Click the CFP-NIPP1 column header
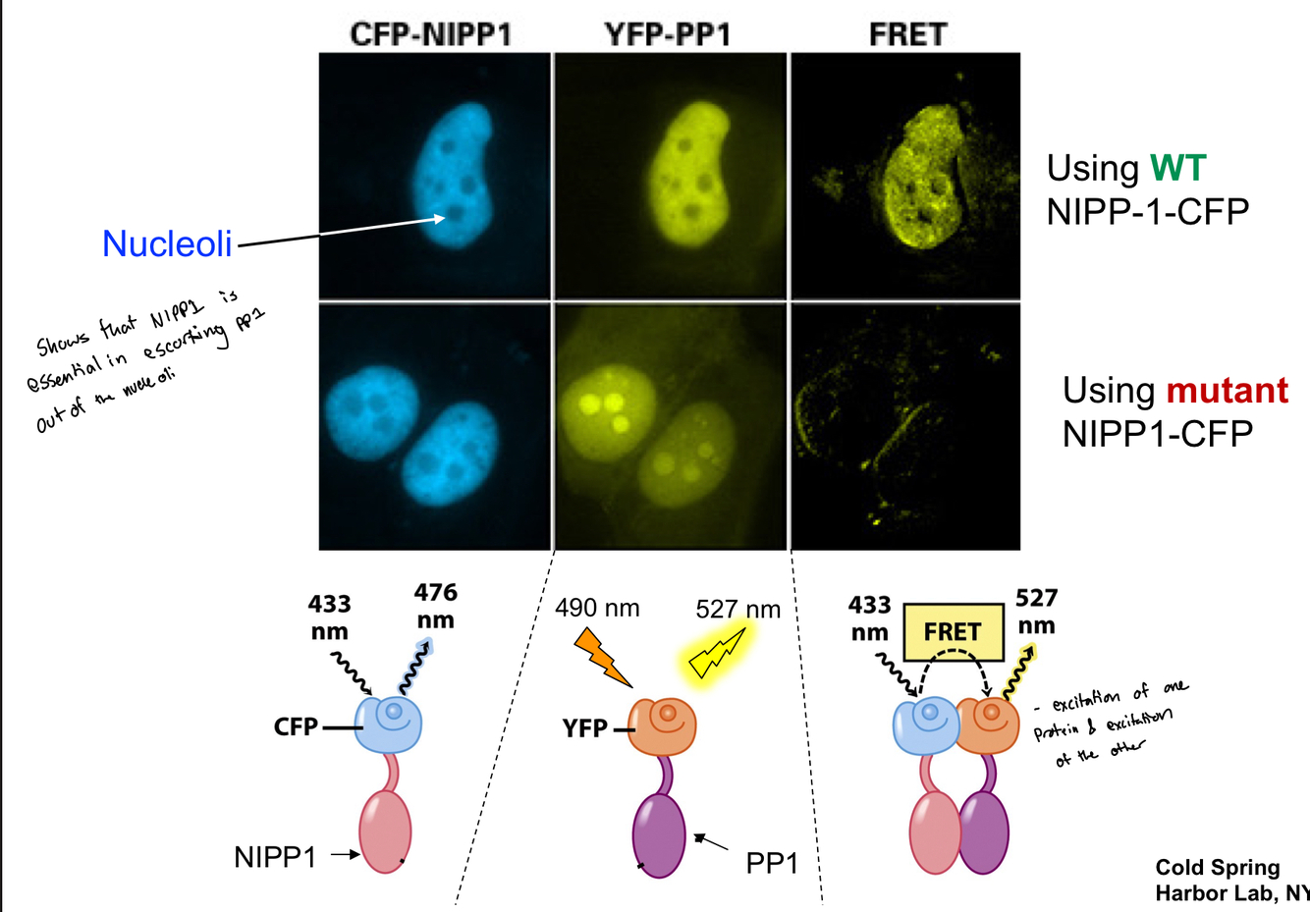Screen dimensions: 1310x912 coord(431,34)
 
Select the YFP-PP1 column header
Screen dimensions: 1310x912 coord(667,34)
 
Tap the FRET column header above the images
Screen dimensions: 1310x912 coord(907,34)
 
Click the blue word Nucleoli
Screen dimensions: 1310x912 coord(167,243)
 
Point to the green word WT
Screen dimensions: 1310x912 coord(1177,168)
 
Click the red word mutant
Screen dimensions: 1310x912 coord(1227,390)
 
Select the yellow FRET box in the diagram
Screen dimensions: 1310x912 coord(953,632)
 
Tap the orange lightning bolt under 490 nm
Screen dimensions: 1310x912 coord(601,658)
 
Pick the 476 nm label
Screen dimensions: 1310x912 coord(435,606)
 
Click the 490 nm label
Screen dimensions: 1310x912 coord(597,609)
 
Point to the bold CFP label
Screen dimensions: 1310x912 coord(296,727)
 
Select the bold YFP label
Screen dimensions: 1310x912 coord(584,727)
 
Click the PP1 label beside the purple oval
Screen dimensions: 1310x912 coord(772,864)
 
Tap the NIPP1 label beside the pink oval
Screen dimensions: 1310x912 coord(275,857)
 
